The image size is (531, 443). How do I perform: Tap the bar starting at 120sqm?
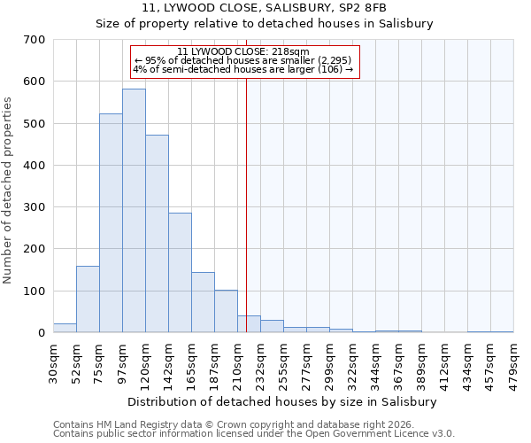(x=157, y=234)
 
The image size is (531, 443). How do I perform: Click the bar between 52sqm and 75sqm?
(x=88, y=299)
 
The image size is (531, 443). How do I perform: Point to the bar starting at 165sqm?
(x=203, y=302)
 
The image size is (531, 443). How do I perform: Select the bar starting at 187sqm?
(x=226, y=311)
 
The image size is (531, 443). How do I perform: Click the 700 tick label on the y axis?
(x=35, y=40)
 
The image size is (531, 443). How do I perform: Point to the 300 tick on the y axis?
(x=35, y=207)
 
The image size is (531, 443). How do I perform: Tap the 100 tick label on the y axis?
(x=35, y=291)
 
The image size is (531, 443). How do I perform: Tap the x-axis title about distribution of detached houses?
(x=282, y=401)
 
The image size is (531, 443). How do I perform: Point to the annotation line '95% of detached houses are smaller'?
(x=243, y=60)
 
